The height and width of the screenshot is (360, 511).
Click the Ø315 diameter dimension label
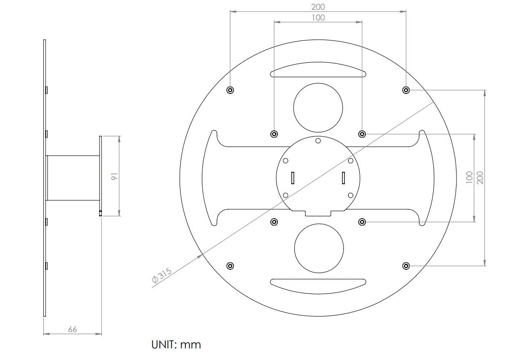(x=161, y=275)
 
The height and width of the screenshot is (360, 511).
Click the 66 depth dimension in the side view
(x=72, y=329)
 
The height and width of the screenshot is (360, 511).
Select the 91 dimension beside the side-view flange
(x=114, y=176)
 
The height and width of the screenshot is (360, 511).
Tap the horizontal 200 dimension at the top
(x=318, y=7)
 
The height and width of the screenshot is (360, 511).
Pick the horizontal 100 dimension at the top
(x=318, y=18)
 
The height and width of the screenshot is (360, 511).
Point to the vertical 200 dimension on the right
(x=480, y=178)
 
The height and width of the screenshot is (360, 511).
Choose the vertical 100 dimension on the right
(x=469, y=178)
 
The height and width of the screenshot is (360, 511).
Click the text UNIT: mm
(x=176, y=345)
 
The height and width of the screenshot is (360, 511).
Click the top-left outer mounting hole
(x=230, y=90)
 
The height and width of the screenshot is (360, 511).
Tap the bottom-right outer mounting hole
(x=406, y=266)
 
